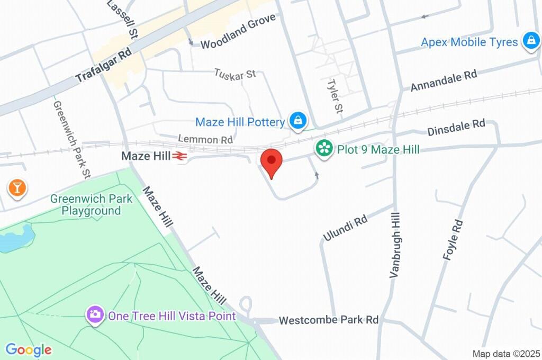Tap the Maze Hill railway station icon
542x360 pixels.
pos(179,156)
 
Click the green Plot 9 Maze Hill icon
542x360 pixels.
pos(324,148)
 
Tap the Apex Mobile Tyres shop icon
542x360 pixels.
pos(530,40)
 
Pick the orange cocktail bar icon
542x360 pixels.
pos(17,187)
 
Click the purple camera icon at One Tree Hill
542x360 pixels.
pos(95,314)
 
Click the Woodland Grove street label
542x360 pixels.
pos(238,31)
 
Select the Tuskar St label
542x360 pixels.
pos(235,74)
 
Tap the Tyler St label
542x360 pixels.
pos(335,96)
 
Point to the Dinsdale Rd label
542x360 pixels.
pos(456,127)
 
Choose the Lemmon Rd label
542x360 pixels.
pos(205,139)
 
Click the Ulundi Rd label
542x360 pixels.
pos(346,229)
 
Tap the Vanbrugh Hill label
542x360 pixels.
pos(395,245)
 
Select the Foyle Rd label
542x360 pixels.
pos(453,239)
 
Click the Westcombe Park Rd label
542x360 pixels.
pos(329,320)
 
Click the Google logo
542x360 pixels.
pos(29,349)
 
